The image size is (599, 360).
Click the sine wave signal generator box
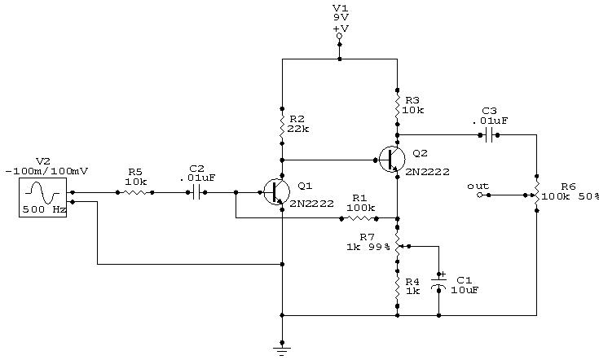(x=42, y=198)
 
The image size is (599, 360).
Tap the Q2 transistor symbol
(x=391, y=160)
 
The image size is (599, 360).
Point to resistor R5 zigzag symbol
(x=135, y=193)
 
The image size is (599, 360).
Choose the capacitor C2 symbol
(x=196, y=193)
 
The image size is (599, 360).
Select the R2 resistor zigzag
(x=282, y=126)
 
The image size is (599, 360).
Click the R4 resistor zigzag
(x=397, y=287)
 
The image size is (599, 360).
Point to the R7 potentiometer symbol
(x=398, y=245)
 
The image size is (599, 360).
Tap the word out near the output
(x=478, y=187)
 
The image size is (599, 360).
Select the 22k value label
(x=300, y=129)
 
